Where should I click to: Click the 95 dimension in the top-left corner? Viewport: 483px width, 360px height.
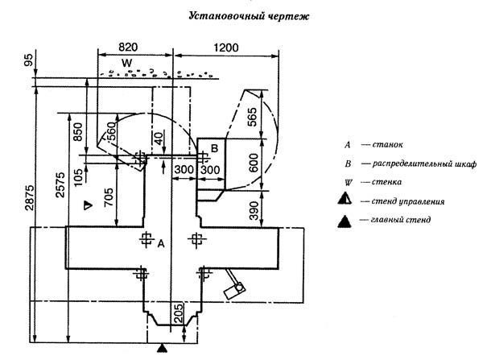coord(28,59)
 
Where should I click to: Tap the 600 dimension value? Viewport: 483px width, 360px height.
coord(252,161)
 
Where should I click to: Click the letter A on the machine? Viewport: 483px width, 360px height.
coord(161,242)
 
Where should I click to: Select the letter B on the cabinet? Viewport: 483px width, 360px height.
coord(214,147)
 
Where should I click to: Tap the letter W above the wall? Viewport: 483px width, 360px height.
coord(126,63)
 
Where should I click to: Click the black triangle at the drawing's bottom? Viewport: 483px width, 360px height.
coord(162,349)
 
